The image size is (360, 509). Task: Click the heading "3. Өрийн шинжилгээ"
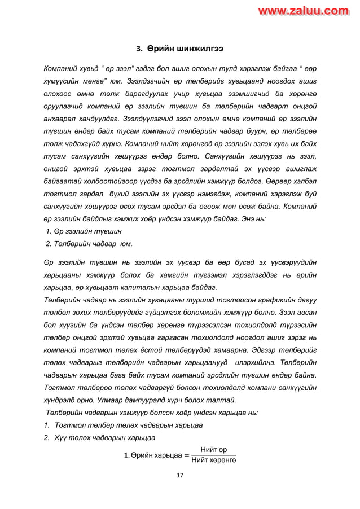pos(179,48)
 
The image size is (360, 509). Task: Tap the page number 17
pos(179,476)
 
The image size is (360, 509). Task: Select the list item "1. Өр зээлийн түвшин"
pos(84,231)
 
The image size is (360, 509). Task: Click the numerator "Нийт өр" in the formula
pos(214,449)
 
